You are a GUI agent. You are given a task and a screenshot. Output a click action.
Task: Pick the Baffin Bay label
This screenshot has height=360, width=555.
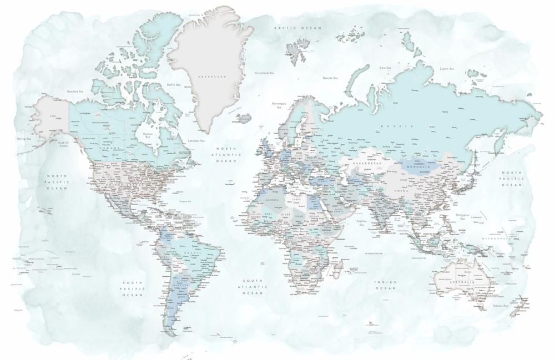point(174,85)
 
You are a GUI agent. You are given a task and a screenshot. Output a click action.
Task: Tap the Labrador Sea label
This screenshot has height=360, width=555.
point(196,140)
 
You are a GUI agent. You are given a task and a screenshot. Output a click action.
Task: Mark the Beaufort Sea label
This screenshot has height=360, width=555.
point(75,91)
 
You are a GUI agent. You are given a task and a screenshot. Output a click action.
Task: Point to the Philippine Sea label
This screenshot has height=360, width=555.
point(462,216)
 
